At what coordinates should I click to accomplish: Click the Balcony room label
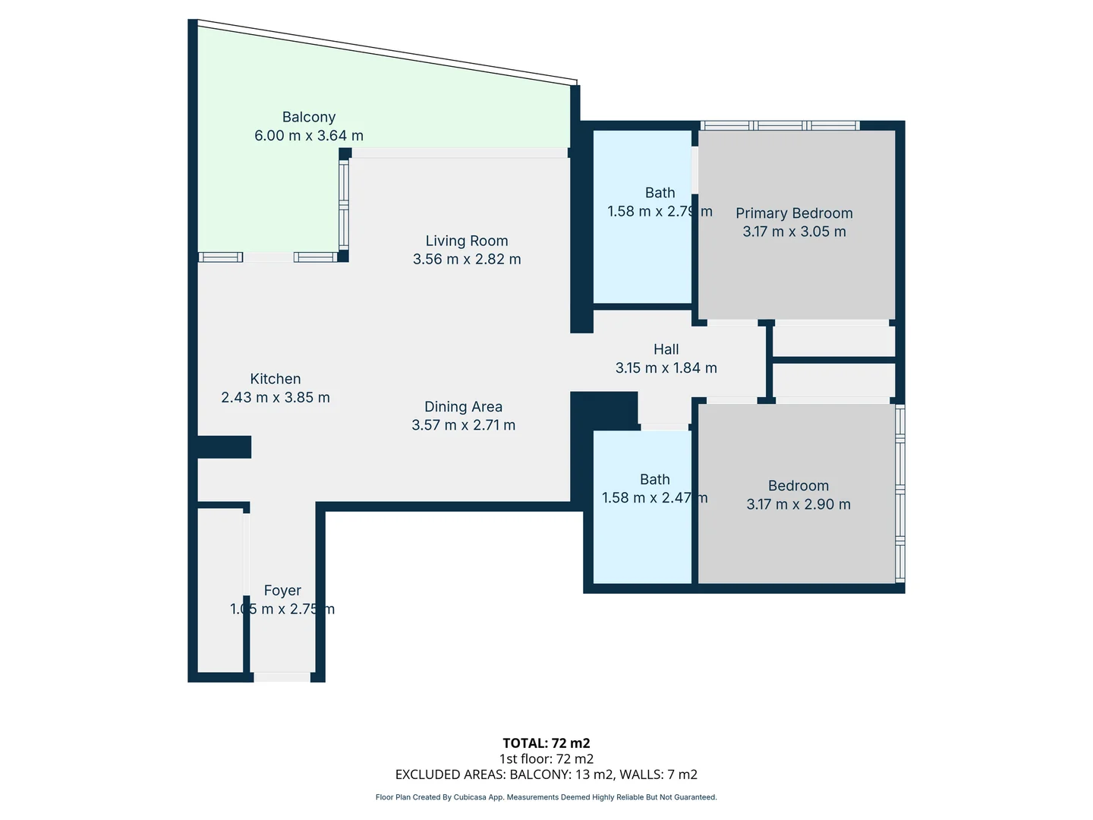[308, 117]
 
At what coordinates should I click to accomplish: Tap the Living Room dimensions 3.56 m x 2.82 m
[467, 259]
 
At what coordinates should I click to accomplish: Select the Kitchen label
[276, 379]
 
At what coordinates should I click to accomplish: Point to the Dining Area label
[463, 407]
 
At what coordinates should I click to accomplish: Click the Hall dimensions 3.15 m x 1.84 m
[666, 367]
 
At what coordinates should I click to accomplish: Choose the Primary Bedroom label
[794, 213]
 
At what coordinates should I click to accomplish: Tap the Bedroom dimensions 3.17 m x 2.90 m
[798, 504]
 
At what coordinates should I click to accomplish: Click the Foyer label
[282, 591]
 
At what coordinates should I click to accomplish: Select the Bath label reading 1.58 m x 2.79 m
[660, 202]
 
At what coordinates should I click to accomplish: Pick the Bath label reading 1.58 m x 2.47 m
[654, 488]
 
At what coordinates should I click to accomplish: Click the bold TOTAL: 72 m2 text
[546, 743]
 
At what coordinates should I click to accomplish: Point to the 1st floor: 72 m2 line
[546, 758]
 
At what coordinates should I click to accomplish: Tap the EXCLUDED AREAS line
[546, 774]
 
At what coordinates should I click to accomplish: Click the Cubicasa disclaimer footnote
[546, 797]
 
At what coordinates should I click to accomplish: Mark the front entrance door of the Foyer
[282, 676]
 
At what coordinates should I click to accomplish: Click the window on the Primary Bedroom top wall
[780, 125]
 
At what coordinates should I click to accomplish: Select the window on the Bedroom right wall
[900, 494]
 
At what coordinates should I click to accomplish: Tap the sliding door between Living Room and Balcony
[460, 153]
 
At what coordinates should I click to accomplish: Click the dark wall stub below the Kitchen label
[224, 446]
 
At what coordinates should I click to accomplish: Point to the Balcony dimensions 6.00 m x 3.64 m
[308, 136]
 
